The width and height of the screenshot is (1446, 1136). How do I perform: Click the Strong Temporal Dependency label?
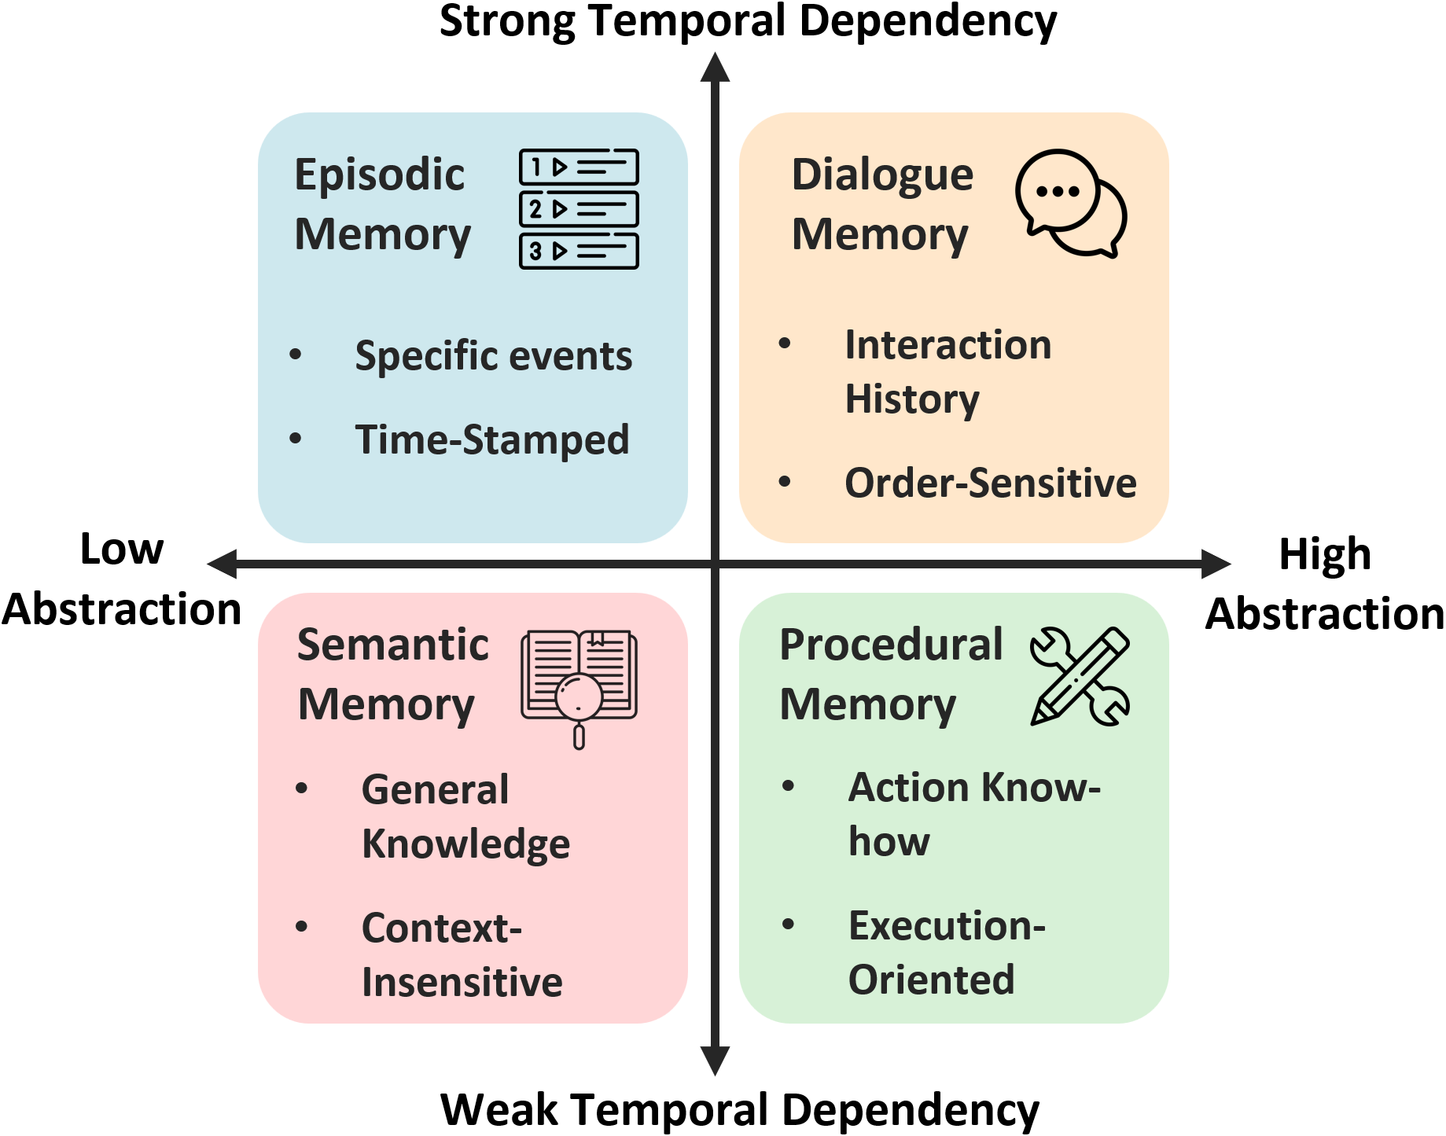pos(748,21)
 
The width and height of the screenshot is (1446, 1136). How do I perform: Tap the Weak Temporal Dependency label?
pos(739,1109)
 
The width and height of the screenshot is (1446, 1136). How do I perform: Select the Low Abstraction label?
pos(122,579)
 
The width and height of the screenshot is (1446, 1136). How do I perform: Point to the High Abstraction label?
pos(1325,583)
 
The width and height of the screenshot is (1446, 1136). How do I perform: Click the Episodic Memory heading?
pos(382,204)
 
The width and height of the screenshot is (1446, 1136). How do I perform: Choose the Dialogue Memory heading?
pos(881,204)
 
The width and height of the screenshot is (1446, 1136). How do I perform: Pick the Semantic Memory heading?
pos(392,674)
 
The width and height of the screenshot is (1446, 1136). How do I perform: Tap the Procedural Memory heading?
pos(890,674)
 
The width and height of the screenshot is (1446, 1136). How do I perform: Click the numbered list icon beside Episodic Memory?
pos(579,209)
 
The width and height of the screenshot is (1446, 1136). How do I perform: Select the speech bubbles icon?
pos(1071,203)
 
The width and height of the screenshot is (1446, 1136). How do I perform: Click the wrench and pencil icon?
pos(1080,676)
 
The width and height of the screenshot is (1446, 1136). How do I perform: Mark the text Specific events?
pos(493,355)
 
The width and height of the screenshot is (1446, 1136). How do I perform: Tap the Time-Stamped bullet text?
pos(491,439)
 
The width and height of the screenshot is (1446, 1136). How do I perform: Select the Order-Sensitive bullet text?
pos(990,483)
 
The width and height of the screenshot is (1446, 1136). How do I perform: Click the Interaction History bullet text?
pos(947,372)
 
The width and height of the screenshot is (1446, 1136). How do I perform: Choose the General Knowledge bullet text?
pos(465,816)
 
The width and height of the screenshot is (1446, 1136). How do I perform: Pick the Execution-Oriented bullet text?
pos(946,952)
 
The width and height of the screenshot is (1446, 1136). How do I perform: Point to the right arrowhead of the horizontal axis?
pos(1216,564)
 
